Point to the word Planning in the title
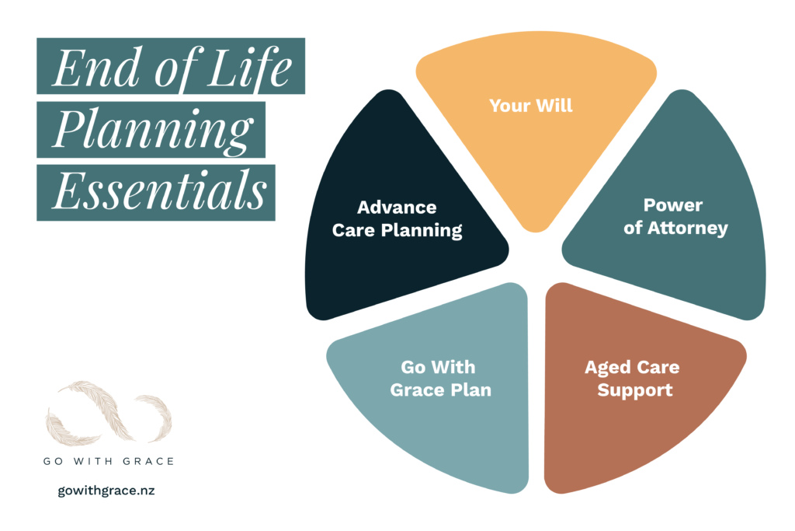click(151, 130)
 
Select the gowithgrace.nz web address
click(106, 491)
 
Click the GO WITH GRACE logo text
click(109, 461)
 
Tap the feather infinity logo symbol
click(109, 412)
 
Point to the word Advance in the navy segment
click(397, 208)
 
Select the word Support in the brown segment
click(634, 390)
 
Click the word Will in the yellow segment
click(554, 104)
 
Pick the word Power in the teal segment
click(673, 205)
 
